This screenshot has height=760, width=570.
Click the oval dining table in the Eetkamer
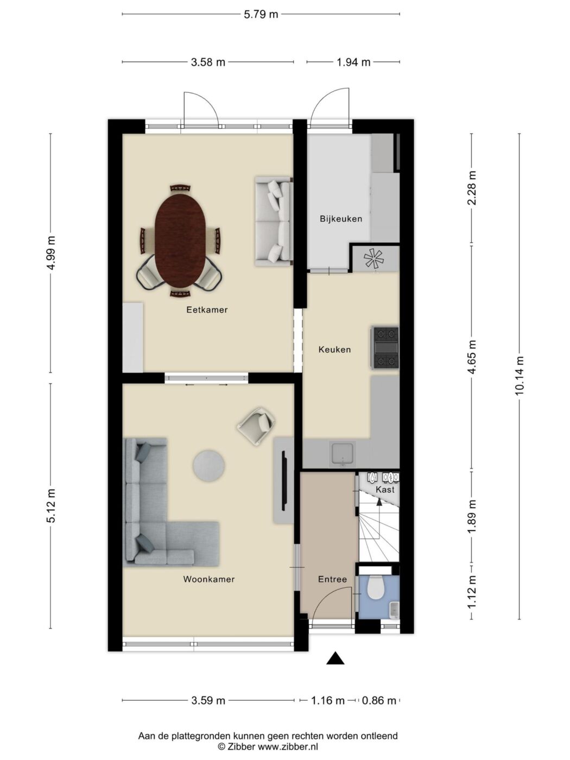click(x=177, y=240)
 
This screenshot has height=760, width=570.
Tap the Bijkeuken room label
click(x=341, y=219)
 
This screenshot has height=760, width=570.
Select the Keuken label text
click(x=334, y=350)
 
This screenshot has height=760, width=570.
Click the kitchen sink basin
click(x=343, y=454)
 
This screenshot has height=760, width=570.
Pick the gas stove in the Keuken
click(x=385, y=347)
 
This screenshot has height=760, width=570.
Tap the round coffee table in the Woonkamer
click(x=208, y=466)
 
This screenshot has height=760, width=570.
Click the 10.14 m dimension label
click(x=520, y=376)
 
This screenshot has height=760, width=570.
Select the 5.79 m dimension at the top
click(x=261, y=14)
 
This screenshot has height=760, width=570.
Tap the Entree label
click(x=332, y=579)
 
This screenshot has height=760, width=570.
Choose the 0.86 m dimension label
click(x=378, y=701)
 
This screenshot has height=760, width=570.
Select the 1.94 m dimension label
click(x=353, y=62)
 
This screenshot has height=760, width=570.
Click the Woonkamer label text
click(x=208, y=579)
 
